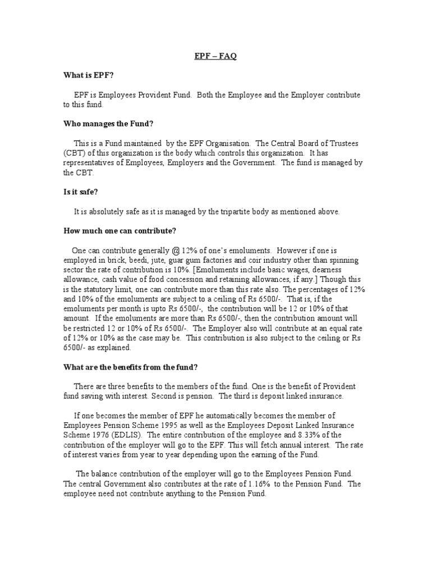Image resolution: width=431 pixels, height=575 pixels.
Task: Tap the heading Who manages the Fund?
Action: (x=105, y=124)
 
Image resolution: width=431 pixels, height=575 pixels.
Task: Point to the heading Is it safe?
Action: (x=81, y=193)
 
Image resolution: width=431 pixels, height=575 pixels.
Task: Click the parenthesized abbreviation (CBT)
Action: (x=74, y=153)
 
